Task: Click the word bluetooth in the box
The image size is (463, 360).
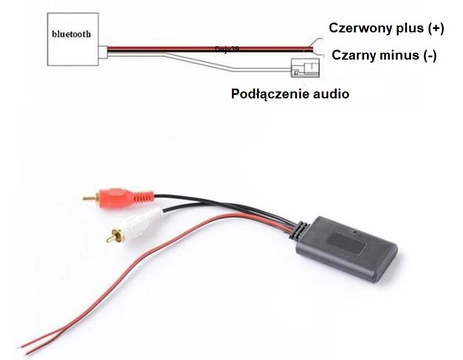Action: click(71, 34)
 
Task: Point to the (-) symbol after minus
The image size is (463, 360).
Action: click(429, 56)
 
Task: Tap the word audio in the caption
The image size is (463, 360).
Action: click(330, 94)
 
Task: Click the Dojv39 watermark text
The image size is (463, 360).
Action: click(226, 50)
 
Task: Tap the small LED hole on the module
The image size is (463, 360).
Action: click(355, 232)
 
